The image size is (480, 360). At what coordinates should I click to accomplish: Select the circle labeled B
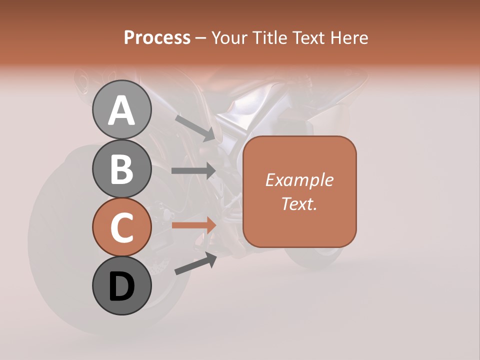121,168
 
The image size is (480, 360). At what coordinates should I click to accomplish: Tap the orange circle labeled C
121,227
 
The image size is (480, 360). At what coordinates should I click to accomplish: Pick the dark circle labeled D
121,286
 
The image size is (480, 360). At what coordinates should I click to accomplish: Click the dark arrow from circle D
195,263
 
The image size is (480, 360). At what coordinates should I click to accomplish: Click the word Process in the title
157,38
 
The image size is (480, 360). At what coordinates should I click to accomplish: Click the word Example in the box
299,180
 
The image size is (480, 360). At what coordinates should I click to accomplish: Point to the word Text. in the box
299,203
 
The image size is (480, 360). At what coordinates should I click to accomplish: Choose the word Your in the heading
229,38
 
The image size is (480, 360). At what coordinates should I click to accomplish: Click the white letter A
121,110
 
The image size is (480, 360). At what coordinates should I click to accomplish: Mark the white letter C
121,228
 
